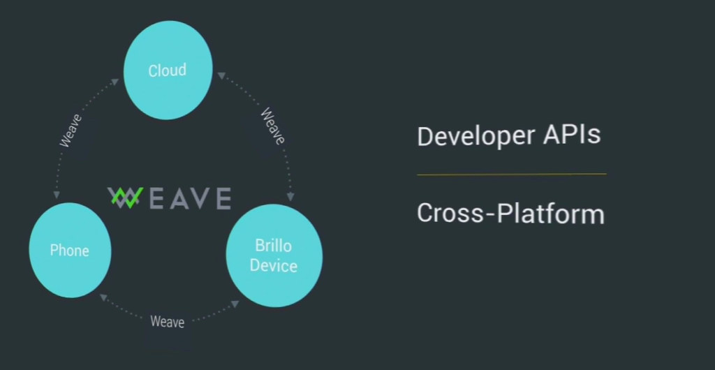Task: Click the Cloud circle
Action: click(x=168, y=71)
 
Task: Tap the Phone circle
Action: click(x=70, y=250)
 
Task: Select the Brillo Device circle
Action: click(x=274, y=256)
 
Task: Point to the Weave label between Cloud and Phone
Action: click(x=71, y=131)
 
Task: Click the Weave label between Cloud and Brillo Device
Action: click(x=272, y=126)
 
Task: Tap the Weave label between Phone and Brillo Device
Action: click(x=168, y=322)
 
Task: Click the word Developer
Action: click(x=476, y=136)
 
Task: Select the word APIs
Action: click(x=572, y=135)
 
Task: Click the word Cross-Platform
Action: click(x=510, y=213)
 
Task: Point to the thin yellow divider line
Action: click(x=512, y=174)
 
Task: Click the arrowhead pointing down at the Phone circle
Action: click(x=57, y=195)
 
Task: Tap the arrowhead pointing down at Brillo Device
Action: click(x=290, y=197)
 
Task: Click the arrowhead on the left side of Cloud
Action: click(x=115, y=82)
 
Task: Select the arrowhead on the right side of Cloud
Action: click(x=221, y=75)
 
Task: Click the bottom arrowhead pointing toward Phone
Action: click(x=103, y=297)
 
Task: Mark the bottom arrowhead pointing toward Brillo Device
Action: click(x=235, y=304)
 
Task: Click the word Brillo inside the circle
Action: click(x=273, y=246)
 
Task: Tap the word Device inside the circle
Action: click(x=274, y=266)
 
